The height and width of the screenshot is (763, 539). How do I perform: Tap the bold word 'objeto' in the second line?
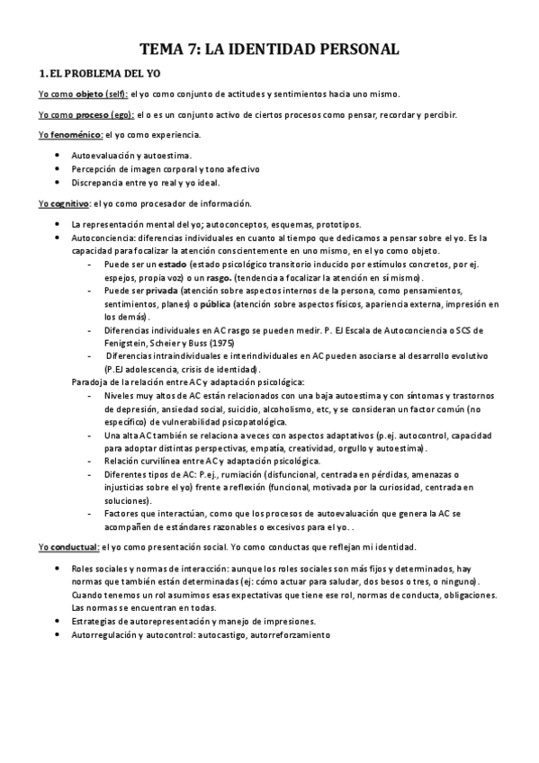pos(90,94)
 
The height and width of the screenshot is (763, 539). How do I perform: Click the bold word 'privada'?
pos(163,292)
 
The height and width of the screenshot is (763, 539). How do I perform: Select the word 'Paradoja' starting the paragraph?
pos(91,381)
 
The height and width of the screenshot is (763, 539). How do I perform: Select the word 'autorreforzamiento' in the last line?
pos(291,634)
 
